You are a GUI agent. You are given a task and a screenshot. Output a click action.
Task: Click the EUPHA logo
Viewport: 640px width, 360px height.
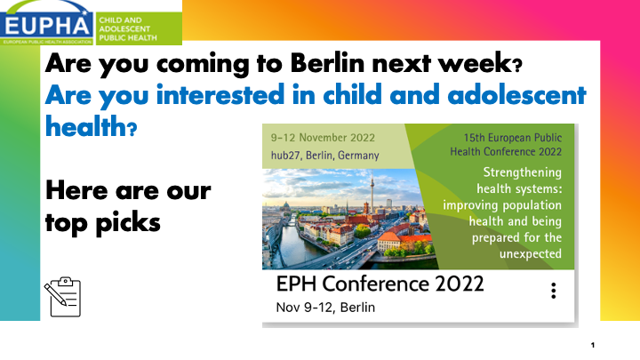[47, 22]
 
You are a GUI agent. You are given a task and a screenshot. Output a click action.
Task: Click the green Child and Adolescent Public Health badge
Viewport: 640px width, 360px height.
[139, 28]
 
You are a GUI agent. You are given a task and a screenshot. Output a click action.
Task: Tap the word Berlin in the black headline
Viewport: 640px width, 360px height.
[327, 63]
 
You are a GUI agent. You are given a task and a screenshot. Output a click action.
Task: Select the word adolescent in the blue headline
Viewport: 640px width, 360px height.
[516, 95]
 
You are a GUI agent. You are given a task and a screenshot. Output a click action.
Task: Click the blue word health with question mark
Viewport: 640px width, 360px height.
[91, 126]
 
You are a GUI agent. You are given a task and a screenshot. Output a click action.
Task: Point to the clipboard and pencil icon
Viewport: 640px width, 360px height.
[62, 297]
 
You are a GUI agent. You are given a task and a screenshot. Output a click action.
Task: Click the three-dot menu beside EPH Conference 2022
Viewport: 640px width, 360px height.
[554, 291]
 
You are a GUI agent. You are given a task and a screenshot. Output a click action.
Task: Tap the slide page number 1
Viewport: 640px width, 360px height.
[593, 345]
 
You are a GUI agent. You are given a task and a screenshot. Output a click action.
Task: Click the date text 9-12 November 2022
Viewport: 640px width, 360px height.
[323, 138]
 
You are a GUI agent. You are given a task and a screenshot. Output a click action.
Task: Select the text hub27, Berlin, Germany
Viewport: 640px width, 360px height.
[325, 156]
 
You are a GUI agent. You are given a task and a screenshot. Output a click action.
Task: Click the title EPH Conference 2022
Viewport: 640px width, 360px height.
[380, 284]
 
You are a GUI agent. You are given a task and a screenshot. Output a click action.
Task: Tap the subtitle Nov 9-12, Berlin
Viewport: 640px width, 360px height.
[325, 308]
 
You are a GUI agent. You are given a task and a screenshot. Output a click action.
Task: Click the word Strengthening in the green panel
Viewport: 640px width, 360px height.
[523, 172]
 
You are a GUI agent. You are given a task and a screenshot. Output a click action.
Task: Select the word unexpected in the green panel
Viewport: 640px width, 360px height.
[531, 254]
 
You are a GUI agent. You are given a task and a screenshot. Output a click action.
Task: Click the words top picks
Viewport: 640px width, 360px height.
[103, 223]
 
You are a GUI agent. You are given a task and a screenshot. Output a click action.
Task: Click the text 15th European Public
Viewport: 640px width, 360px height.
[513, 138]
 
